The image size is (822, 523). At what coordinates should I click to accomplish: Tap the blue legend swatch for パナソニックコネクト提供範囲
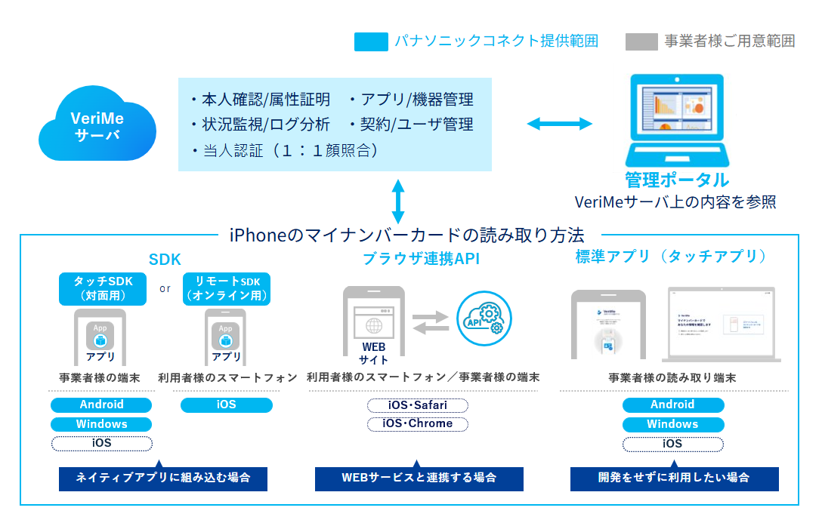tap(370, 42)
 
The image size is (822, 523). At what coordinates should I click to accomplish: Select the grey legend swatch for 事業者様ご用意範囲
tap(641, 42)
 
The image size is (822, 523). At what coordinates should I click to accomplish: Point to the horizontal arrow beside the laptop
tap(559, 123)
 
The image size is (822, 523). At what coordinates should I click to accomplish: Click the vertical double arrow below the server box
tap(398, 201)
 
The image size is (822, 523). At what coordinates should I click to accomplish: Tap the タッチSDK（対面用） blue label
tap(103, 289)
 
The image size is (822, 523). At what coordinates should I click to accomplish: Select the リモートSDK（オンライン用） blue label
tap(227, 289)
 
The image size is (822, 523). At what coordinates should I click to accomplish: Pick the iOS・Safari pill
tap(418, 405)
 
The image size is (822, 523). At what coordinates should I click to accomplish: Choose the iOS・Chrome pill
tap(418, 423)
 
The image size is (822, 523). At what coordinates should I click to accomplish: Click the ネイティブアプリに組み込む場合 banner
tap(163, 478)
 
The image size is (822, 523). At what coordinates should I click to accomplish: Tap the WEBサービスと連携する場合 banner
tap(419, 478)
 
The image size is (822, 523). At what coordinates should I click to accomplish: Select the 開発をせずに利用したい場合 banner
tap(674, 478)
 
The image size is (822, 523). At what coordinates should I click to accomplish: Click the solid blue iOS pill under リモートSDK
tap(227, 405)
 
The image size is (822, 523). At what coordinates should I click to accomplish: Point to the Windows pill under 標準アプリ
tap(673, 424)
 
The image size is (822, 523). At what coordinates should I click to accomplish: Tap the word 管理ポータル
tap(677, 180)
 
